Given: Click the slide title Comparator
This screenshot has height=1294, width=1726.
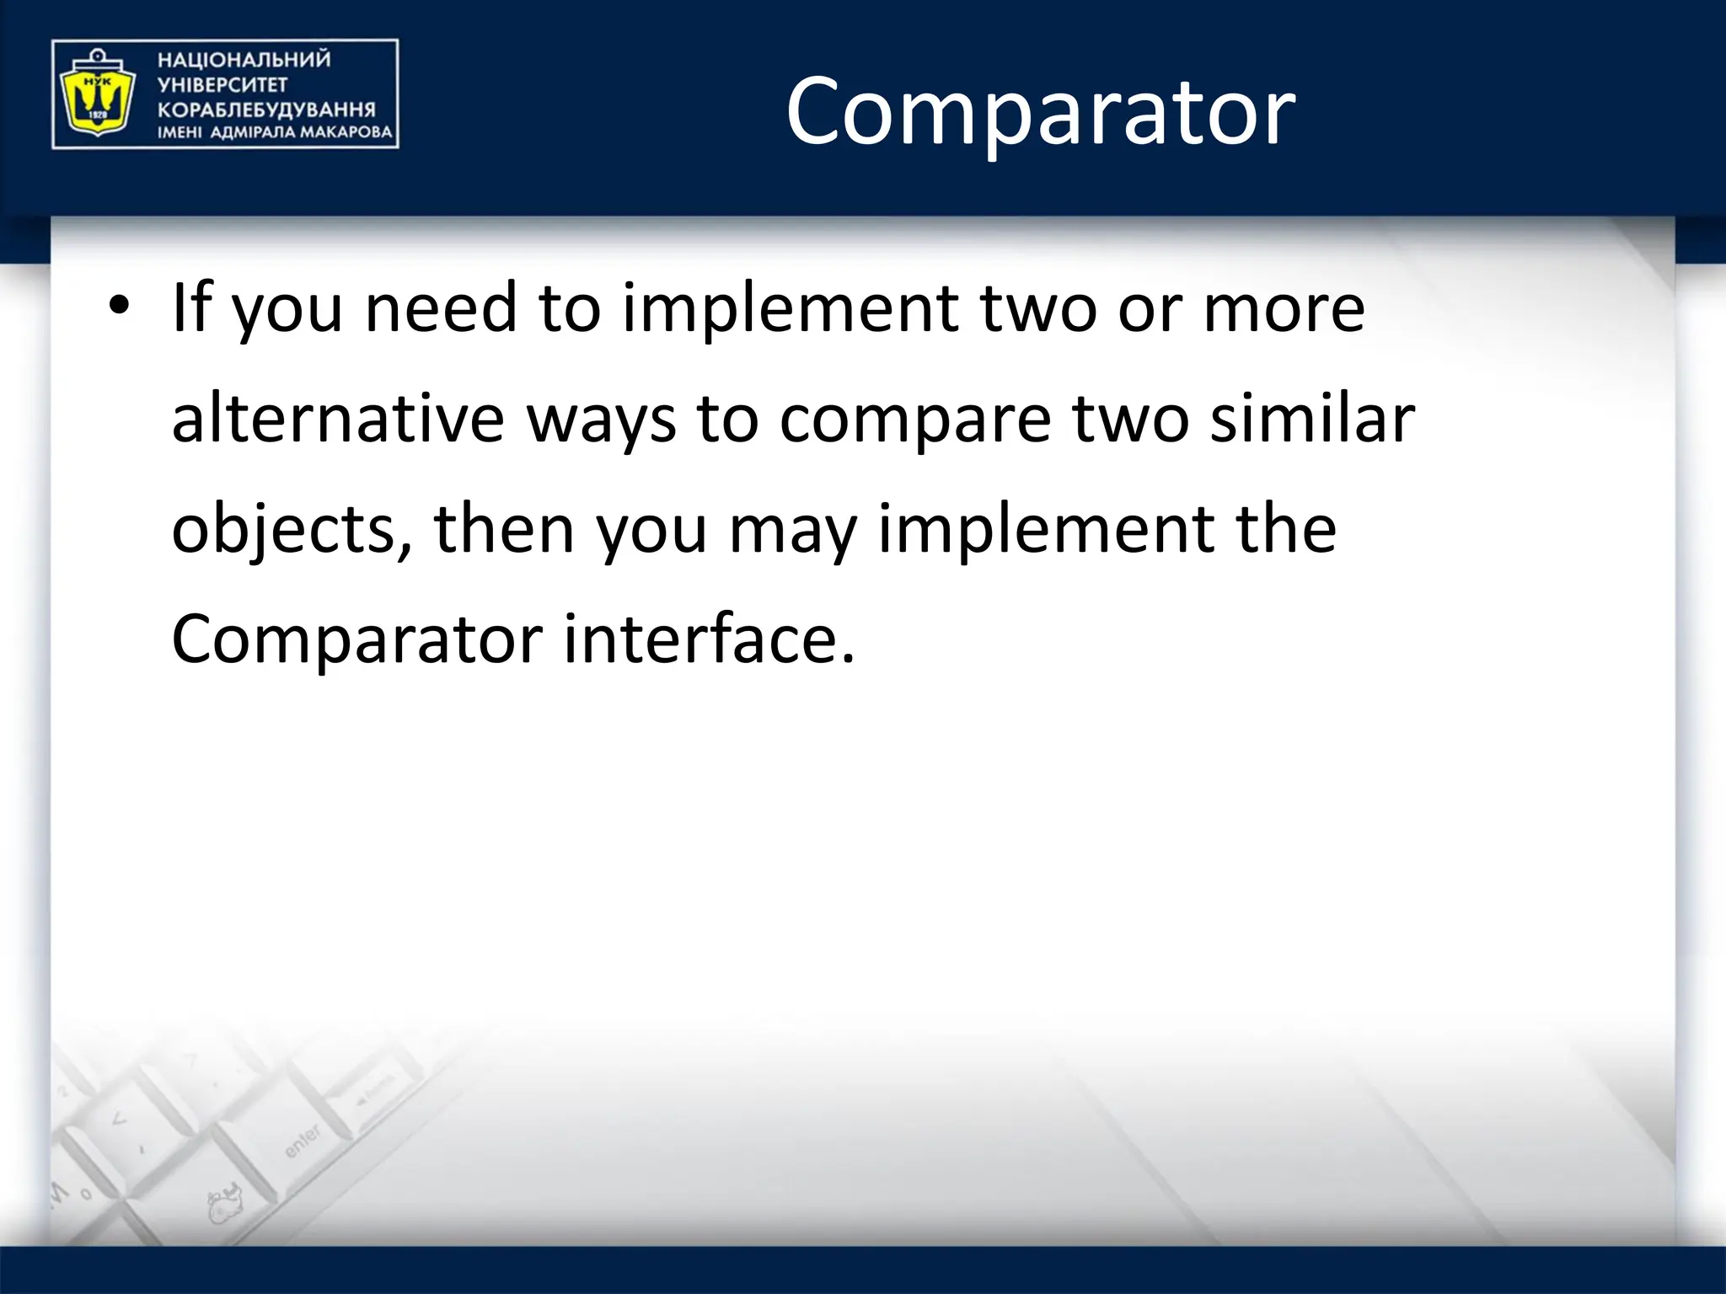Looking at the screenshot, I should click(1040, 111).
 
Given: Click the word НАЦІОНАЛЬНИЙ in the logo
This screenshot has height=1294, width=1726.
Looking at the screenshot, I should click(244, 60).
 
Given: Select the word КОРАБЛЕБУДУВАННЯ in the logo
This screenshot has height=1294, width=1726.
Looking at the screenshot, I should click(266, 110).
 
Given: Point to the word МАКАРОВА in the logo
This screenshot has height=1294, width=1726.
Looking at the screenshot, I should click(346, 132).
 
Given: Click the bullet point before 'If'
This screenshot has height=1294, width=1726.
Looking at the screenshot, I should click(119, 305).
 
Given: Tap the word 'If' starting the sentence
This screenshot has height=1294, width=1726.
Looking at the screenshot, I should click(190, 307).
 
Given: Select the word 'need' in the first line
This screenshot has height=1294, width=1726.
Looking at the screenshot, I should click(440, 307).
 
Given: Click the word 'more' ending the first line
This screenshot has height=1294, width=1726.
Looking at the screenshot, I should click(1284, 307).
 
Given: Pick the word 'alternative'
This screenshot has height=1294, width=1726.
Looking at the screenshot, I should click(337, 419).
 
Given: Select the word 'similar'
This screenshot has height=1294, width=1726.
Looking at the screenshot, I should click(1312, 419).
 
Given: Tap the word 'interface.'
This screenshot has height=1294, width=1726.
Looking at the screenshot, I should click(709, 639).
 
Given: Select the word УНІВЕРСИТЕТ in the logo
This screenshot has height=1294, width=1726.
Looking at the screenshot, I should click(222, 85).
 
